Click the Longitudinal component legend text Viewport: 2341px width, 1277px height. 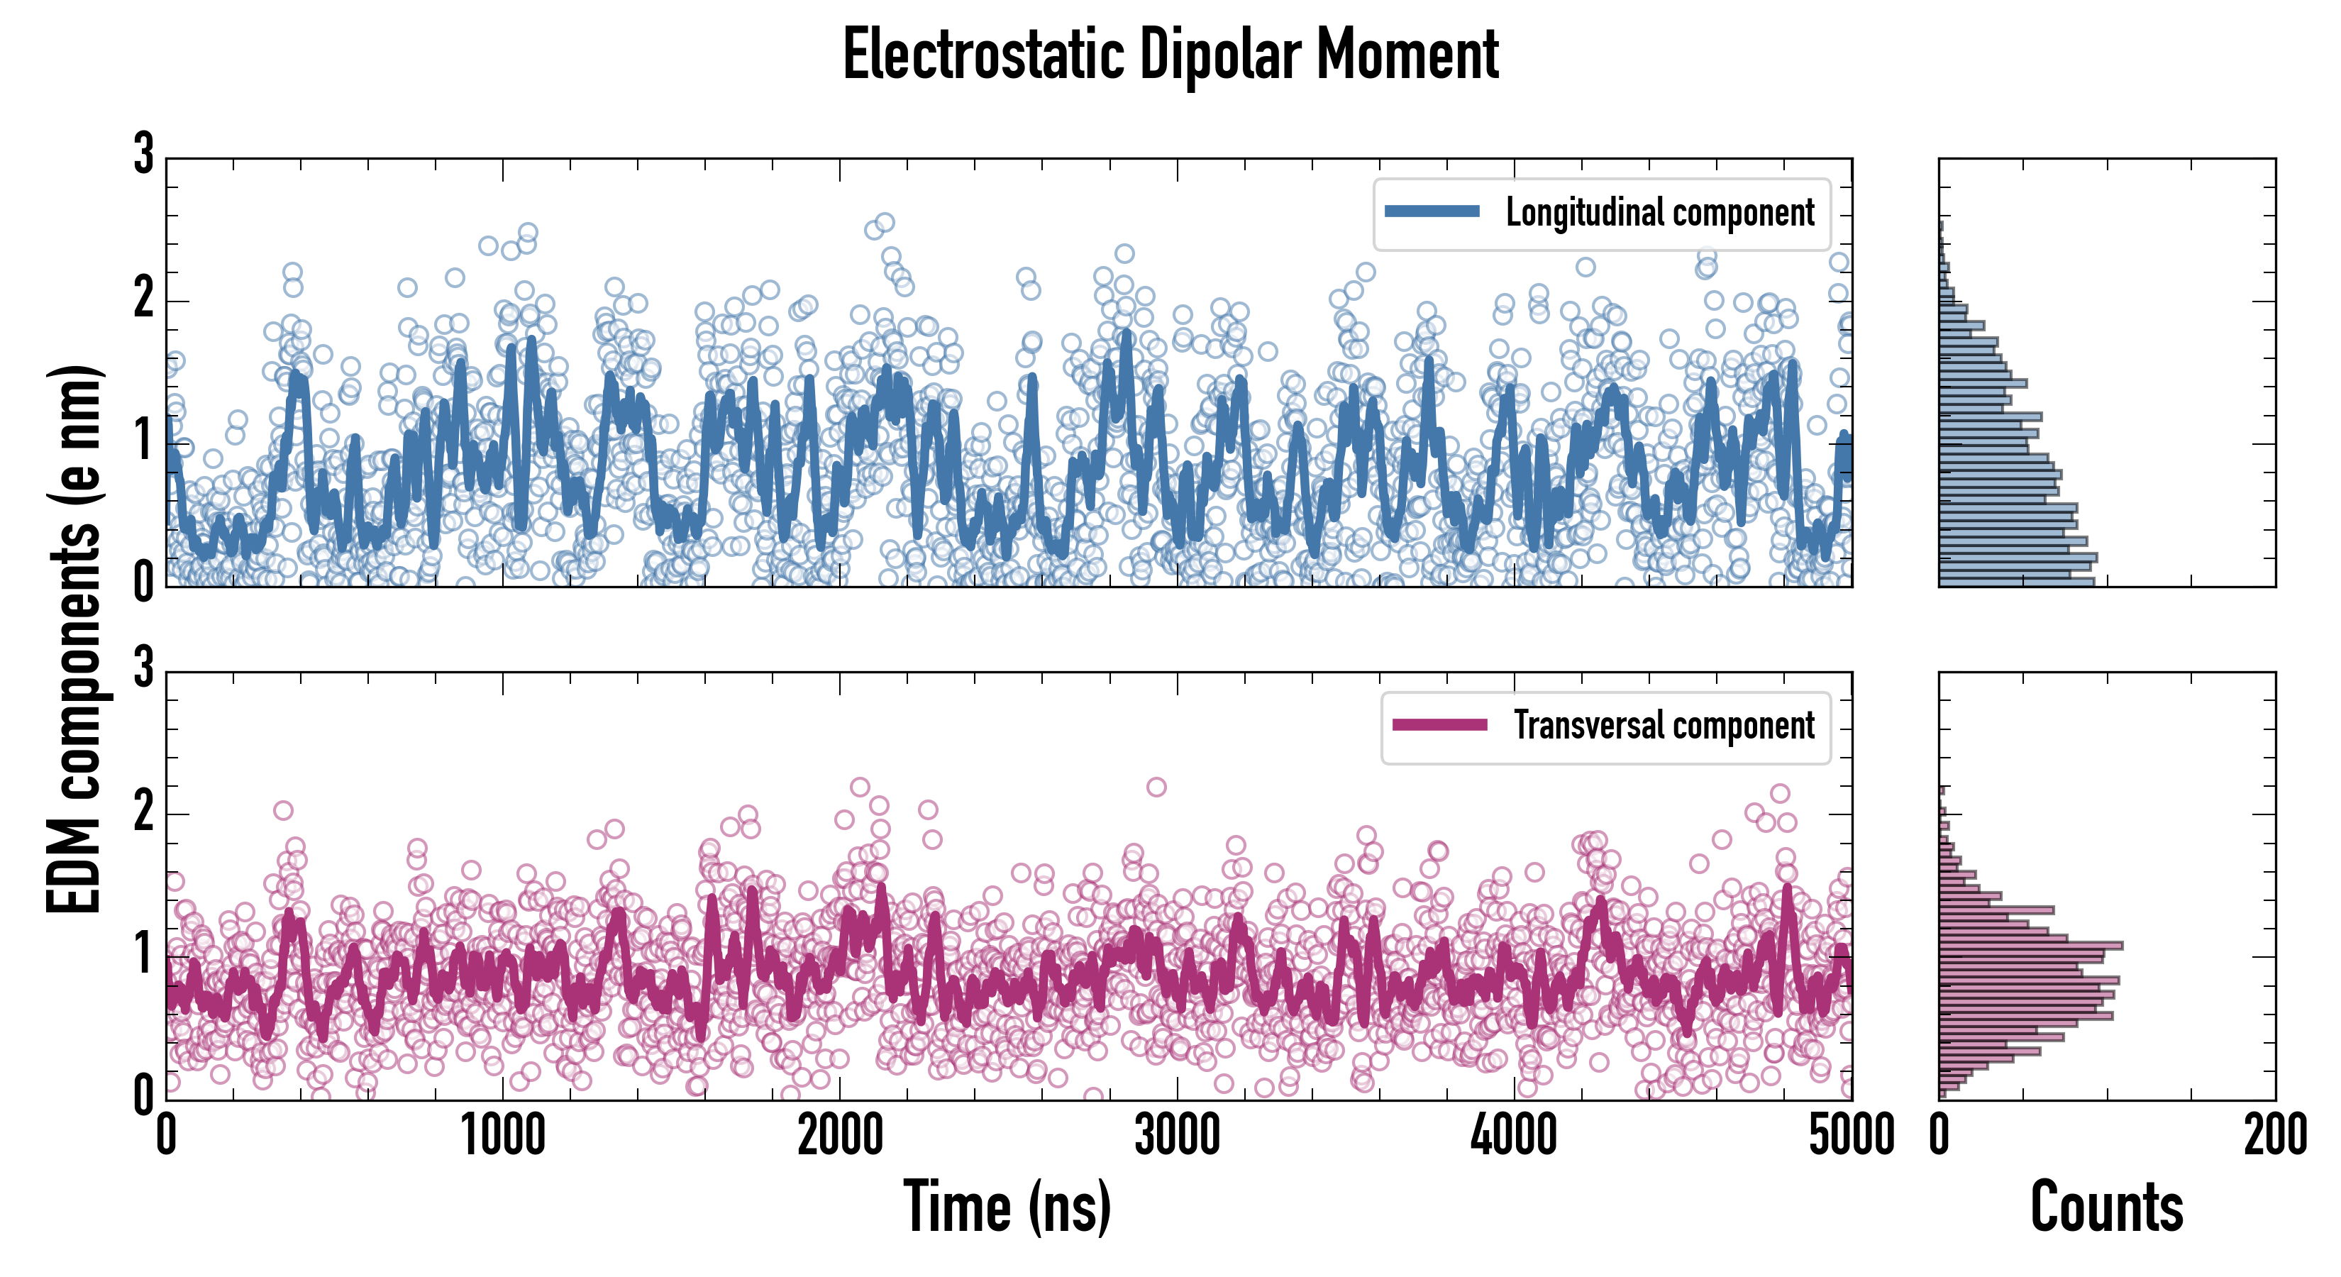[x=1659, y=212]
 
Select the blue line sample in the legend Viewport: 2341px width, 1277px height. [x=1432, y=212]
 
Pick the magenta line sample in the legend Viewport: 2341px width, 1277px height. [x=1439, y=725]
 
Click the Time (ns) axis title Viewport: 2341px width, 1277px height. [x=1007, y=1207]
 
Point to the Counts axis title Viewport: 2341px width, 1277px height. [x=2106, y=1207]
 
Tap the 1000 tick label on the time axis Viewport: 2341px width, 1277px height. [x=502, y=1136]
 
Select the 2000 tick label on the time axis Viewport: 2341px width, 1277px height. [x=840, y=1136]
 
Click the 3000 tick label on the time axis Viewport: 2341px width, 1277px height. [x=1177, y=1136]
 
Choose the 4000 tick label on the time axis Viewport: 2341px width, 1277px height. [x=1514, y=1136]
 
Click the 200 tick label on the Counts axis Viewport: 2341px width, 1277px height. [x=2274, y=1136]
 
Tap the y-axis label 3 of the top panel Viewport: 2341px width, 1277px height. [x=143, y=155]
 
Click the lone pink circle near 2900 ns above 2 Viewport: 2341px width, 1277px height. [x=1156, y=787]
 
